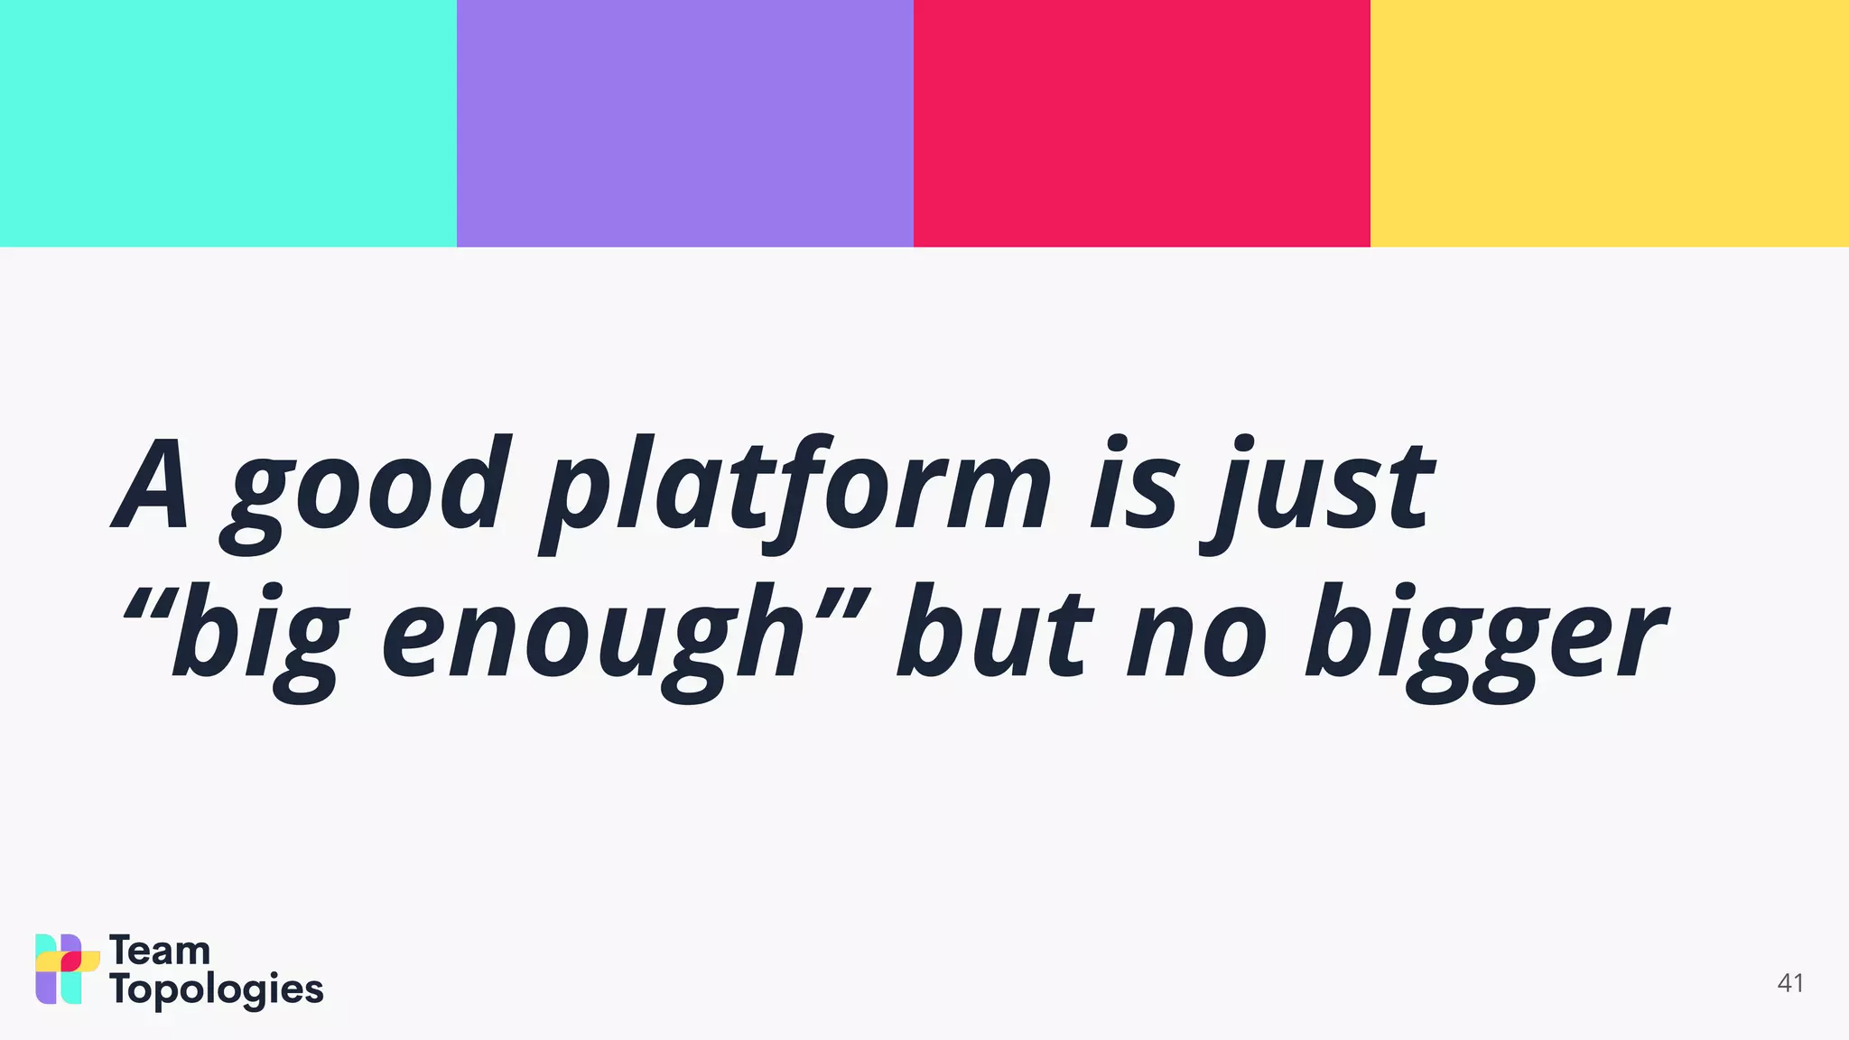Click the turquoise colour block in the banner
coord(228,123)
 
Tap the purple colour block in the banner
coord(684,123)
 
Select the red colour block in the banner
coord(1141,123)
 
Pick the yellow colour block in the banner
coord(1609,123)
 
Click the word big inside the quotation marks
coord(258,636)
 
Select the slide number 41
coord(1790,983)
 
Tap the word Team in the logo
coord(160,951)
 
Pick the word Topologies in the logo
coord(216,990)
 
